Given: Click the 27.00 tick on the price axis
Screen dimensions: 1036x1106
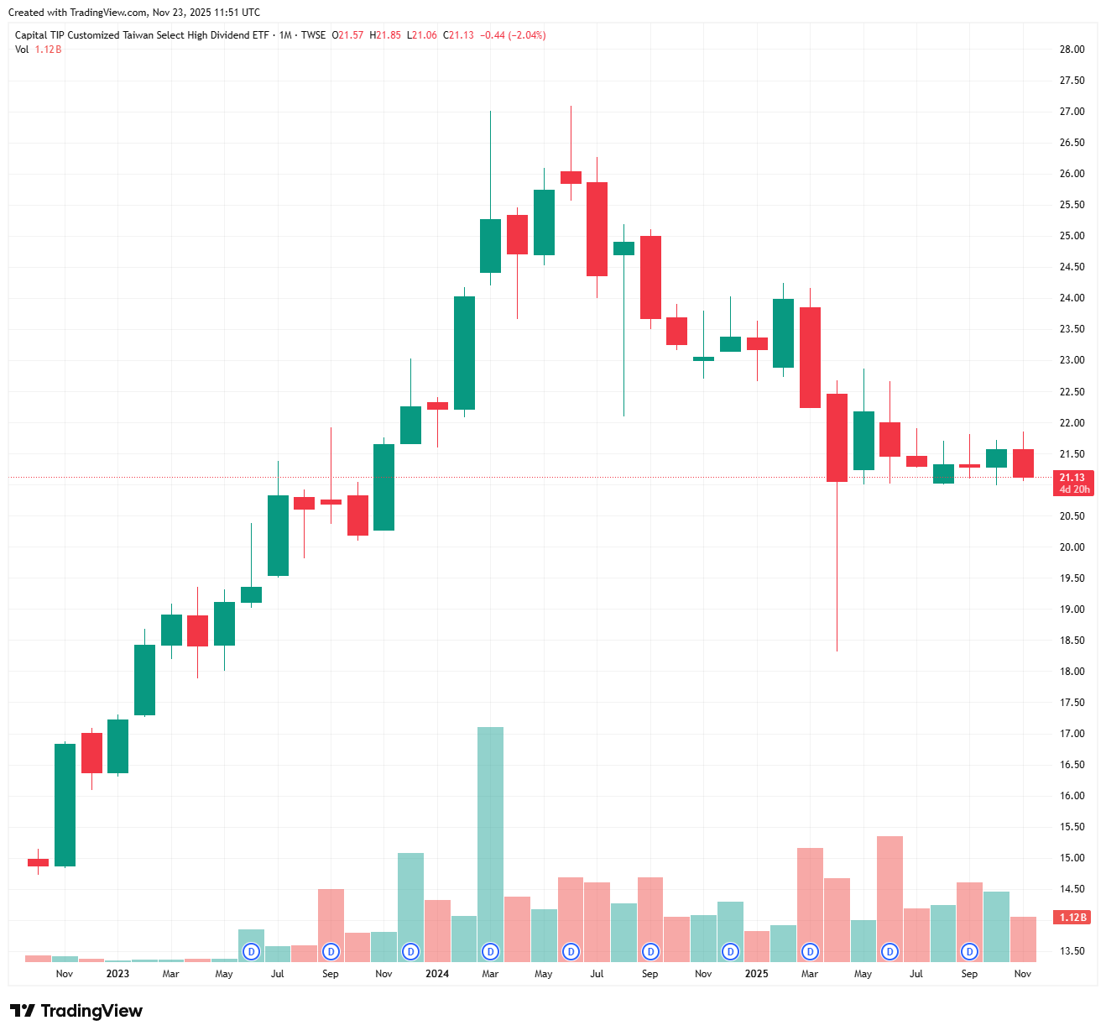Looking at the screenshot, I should [1072, 112].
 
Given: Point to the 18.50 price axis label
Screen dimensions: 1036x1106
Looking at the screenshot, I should [1072, 641].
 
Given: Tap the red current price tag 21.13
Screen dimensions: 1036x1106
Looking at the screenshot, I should [1072, 478].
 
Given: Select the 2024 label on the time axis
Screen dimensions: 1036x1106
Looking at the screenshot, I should [437, 974].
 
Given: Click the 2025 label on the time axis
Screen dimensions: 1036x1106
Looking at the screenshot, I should [756, 974].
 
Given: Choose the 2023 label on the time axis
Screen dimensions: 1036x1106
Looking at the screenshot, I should [117, 974].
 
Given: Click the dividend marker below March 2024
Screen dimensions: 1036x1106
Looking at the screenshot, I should [490, 952].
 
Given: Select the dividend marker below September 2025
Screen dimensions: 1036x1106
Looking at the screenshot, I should [970, 952].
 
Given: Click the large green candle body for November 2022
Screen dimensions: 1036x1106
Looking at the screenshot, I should [65, 804].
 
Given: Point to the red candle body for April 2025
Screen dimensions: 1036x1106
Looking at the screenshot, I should [837, 437].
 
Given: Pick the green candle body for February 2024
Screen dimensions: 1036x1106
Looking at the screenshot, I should [464, 353].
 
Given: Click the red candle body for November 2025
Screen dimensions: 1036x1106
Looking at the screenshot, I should [1023, 463].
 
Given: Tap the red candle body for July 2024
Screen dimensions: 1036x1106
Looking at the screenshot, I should [597, 229].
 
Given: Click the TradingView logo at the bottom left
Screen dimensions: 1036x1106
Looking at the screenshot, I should [76, 1011].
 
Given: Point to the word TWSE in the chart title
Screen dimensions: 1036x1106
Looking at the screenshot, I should [313, 35].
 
